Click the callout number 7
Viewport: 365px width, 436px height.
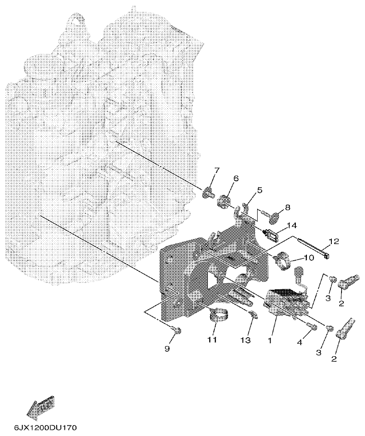[216, 172]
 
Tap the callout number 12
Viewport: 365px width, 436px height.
[333, 241]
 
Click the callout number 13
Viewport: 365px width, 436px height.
[245, 340]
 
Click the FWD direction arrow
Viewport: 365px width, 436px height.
[40, 407]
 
